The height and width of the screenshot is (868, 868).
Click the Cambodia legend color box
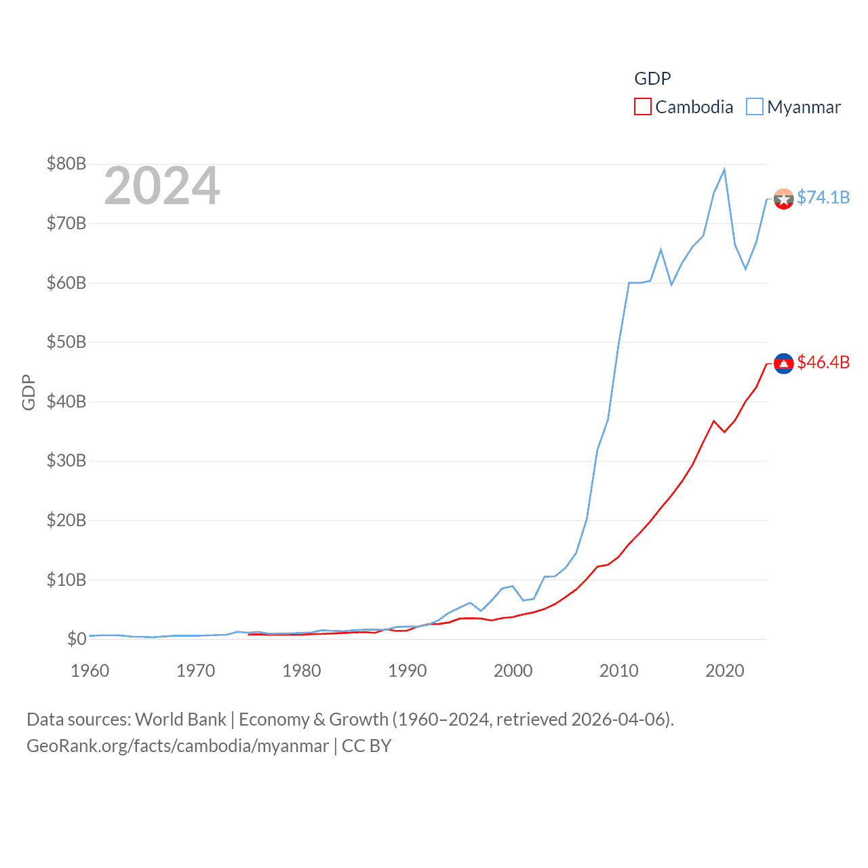(642, 107)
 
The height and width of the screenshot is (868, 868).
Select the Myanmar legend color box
(754, 107)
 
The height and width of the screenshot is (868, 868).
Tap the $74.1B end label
(823, 197)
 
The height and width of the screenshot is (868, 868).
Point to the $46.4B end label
(823, 363)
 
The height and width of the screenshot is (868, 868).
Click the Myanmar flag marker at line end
(783, 199)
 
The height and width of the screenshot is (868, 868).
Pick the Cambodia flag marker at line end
(783, 363)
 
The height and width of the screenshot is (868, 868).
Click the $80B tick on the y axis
(66, 163)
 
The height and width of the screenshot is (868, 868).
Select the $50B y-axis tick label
(66, 342)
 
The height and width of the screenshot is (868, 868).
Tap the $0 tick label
(77, 639)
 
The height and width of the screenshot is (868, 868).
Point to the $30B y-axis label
(66, 460)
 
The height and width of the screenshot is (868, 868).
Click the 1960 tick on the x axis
(90, 671)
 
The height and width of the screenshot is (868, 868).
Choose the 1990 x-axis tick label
(407, 671)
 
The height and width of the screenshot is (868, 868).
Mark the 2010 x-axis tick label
(618, 671)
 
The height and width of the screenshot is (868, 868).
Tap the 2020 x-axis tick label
(724, 671)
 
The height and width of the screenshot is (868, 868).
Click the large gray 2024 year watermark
(161, 186)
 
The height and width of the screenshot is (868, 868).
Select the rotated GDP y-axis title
(28, 392)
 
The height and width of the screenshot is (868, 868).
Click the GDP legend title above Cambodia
(652, 79)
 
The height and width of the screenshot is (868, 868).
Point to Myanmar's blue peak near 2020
(724, 170)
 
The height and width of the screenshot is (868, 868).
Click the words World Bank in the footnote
(180, 719)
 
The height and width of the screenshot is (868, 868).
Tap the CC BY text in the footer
(366, 746)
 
